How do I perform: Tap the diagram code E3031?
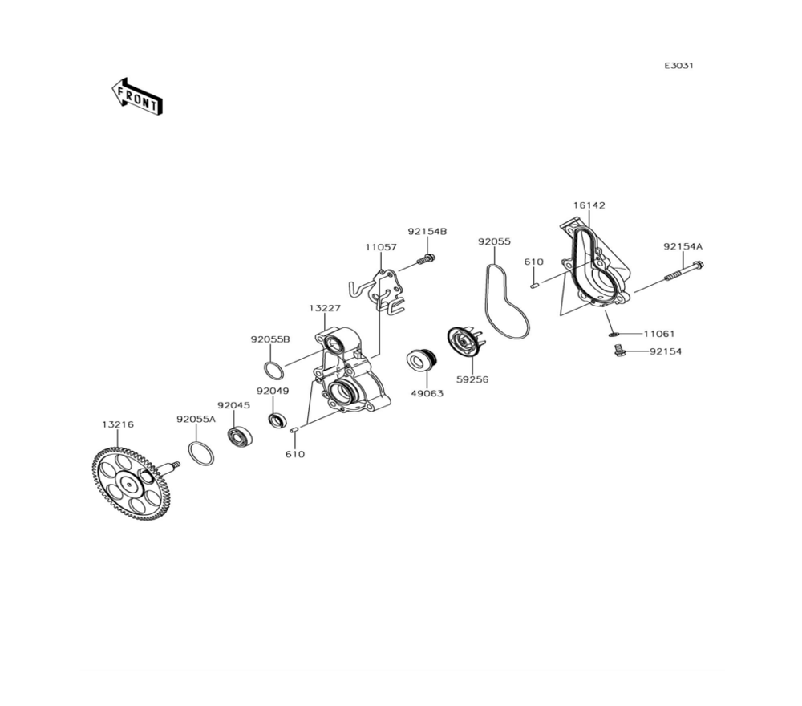pos(678,66)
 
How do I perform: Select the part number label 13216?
pos(117,424)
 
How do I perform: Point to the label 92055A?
pos(196,419)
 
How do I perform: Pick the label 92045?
pos(233,405)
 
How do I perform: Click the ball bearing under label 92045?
pos(240,437)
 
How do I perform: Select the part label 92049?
pos(273,391)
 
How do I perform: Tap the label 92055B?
pos(269,339)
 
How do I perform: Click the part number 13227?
pos(325,308)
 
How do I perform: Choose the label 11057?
pos(380,247)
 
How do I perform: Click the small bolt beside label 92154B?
pos(427,258)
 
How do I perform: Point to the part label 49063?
pos(427,394)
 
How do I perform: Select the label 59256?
pos(472,379)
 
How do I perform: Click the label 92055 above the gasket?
pos(494,241)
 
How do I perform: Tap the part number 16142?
pos(589,205)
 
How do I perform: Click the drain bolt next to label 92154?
pos(618,351)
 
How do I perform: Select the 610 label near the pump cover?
pos(533,262)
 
